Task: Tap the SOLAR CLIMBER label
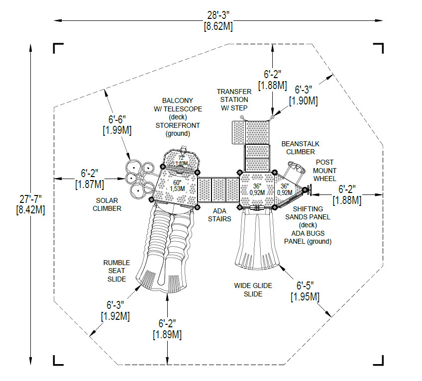coord(106,204)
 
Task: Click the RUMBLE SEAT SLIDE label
coord(117,271)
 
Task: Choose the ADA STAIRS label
coord(219,214)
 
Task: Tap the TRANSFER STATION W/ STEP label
coord(234,99)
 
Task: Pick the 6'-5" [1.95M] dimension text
coord(305,291)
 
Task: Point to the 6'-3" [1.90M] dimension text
coord(304,95)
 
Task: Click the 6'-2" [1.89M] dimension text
coord(167,329)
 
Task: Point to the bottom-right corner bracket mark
coord(379,360)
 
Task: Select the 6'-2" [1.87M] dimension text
coord(90,179)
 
